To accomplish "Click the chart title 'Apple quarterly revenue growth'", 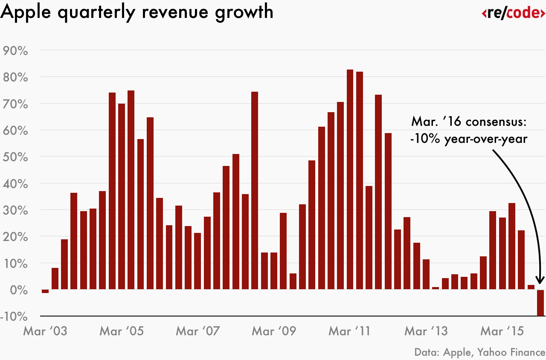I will point(137,12).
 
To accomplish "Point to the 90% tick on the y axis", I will point(15,51).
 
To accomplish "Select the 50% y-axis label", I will point(15,157).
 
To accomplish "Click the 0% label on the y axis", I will point(19,290).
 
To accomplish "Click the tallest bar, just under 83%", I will point(350,179).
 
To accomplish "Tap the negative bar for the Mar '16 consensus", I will point(540,303).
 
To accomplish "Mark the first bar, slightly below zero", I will point(45,291).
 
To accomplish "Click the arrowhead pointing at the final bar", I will point(540,279).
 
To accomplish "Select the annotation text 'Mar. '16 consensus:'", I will point(469,122).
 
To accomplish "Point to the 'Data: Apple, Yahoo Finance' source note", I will point(479,352).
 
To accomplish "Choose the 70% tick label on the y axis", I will point(15,104).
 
